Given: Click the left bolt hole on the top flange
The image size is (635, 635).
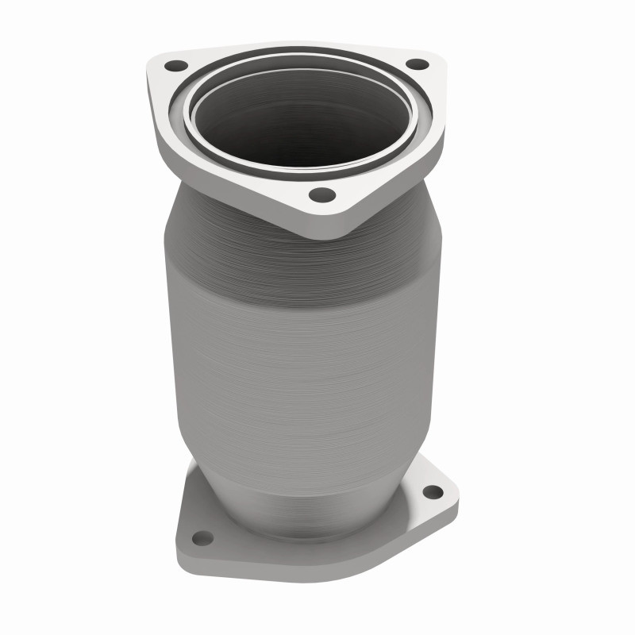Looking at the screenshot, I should pos(176,66).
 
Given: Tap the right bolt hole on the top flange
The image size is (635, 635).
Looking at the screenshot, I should pos(416,64).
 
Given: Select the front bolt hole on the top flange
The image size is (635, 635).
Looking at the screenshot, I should pos(321,194).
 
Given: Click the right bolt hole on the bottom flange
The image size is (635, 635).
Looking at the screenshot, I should pos(433,492).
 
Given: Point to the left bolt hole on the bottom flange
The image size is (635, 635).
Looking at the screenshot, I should pos(202,537).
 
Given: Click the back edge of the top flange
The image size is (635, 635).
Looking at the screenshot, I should pos(302,45).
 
